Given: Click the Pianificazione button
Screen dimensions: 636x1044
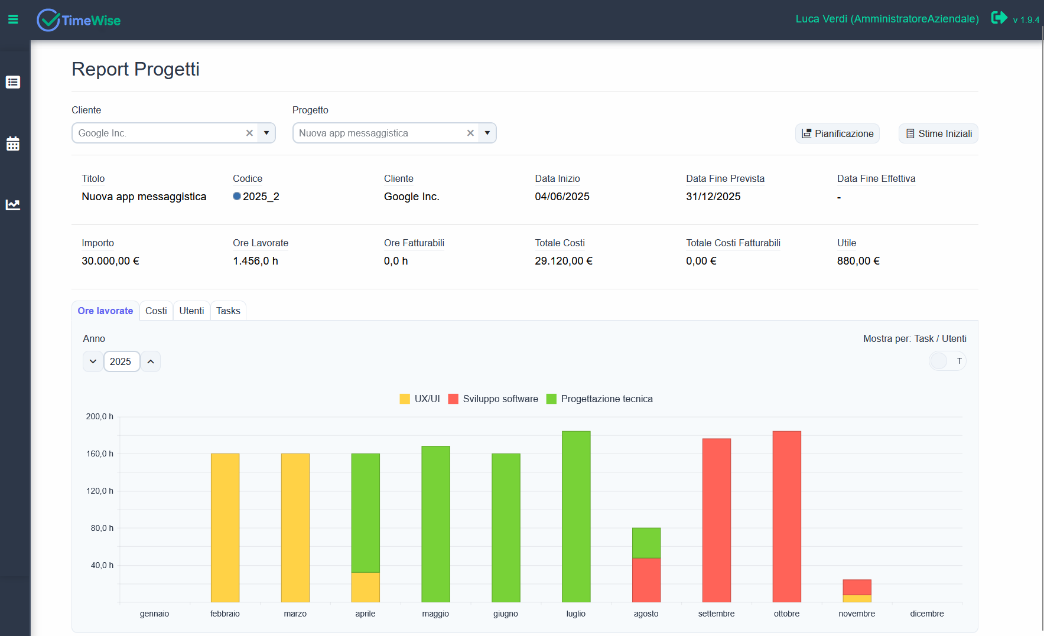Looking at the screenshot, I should point(837,133).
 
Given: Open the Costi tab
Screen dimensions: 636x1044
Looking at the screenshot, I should point(156,311).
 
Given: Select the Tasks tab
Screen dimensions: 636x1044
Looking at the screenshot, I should point(228,311).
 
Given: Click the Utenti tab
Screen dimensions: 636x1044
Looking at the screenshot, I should point(191,311).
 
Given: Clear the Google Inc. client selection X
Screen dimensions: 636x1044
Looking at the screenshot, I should point(249,133).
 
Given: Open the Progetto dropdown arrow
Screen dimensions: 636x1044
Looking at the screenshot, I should point(487,133).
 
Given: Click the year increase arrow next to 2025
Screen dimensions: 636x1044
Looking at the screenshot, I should point(151,361).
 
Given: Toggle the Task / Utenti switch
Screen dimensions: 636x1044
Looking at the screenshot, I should point(947,361).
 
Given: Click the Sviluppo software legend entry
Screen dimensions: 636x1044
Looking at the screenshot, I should point(493,399).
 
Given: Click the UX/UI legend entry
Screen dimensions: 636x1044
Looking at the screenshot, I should point(420,399).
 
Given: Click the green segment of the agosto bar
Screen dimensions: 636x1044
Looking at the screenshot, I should point(646,543).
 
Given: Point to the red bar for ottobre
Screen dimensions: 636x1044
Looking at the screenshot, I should point(786,516).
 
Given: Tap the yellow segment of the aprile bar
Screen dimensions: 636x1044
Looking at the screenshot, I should point(365,587).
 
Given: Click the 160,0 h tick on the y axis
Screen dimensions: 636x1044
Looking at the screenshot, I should point(99,454).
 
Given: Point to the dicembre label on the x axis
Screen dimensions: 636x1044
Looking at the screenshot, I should point(926,614).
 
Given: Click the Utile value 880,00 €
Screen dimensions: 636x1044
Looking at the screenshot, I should point(858,261).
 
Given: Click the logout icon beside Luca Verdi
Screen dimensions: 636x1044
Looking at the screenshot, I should point(999,18).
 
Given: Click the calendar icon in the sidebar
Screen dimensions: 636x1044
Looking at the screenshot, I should point(13,143).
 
